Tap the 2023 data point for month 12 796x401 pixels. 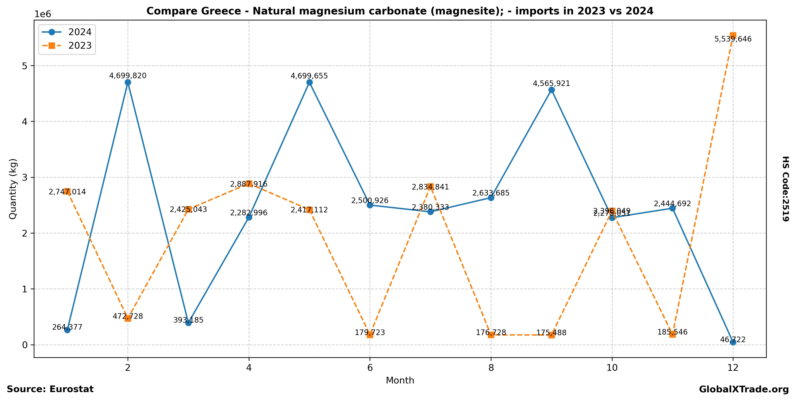[733, 35]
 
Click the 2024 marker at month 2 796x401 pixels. [128, 82]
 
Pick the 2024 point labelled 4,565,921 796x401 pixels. [551, 90]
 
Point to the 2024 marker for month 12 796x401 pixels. [733, 342]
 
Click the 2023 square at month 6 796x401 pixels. [370, 335]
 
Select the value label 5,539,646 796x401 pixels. [733, 39]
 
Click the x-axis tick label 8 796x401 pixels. [491, 368]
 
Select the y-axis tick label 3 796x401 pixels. [25, 178]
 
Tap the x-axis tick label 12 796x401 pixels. [733, 368]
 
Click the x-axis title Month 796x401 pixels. [400, 380]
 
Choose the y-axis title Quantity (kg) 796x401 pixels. [13, 189]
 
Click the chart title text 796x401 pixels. [400, 11]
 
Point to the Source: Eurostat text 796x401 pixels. [50, 389]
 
